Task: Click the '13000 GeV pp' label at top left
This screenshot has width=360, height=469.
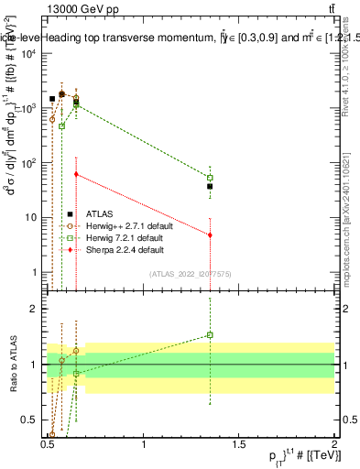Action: (x=81, y=9)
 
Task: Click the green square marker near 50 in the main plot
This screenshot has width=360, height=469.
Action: (x=210, y=178)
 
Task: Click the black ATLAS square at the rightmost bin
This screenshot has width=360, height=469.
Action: (x=210, y=186)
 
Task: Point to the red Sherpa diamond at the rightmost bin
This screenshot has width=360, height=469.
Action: (x=210, y=235)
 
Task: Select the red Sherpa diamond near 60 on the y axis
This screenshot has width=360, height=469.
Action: (x=76, y=174)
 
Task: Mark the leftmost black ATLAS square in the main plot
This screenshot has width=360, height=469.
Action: (x=52, y=99)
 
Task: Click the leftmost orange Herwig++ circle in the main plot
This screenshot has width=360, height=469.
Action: (x=52, y=119)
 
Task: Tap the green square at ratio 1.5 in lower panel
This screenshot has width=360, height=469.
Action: (x=210, y=335)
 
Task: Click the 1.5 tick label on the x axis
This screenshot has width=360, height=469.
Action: (x=239, y=446)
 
